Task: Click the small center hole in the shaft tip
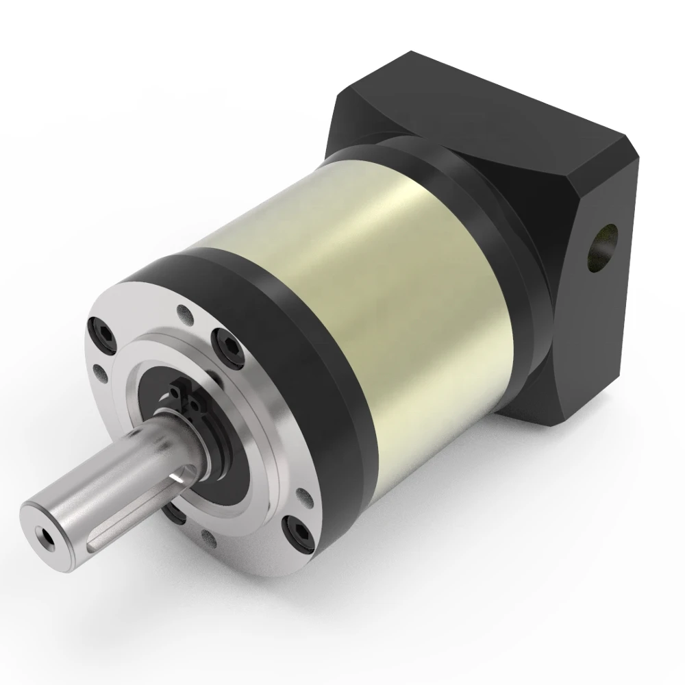[x=45, y=532]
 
